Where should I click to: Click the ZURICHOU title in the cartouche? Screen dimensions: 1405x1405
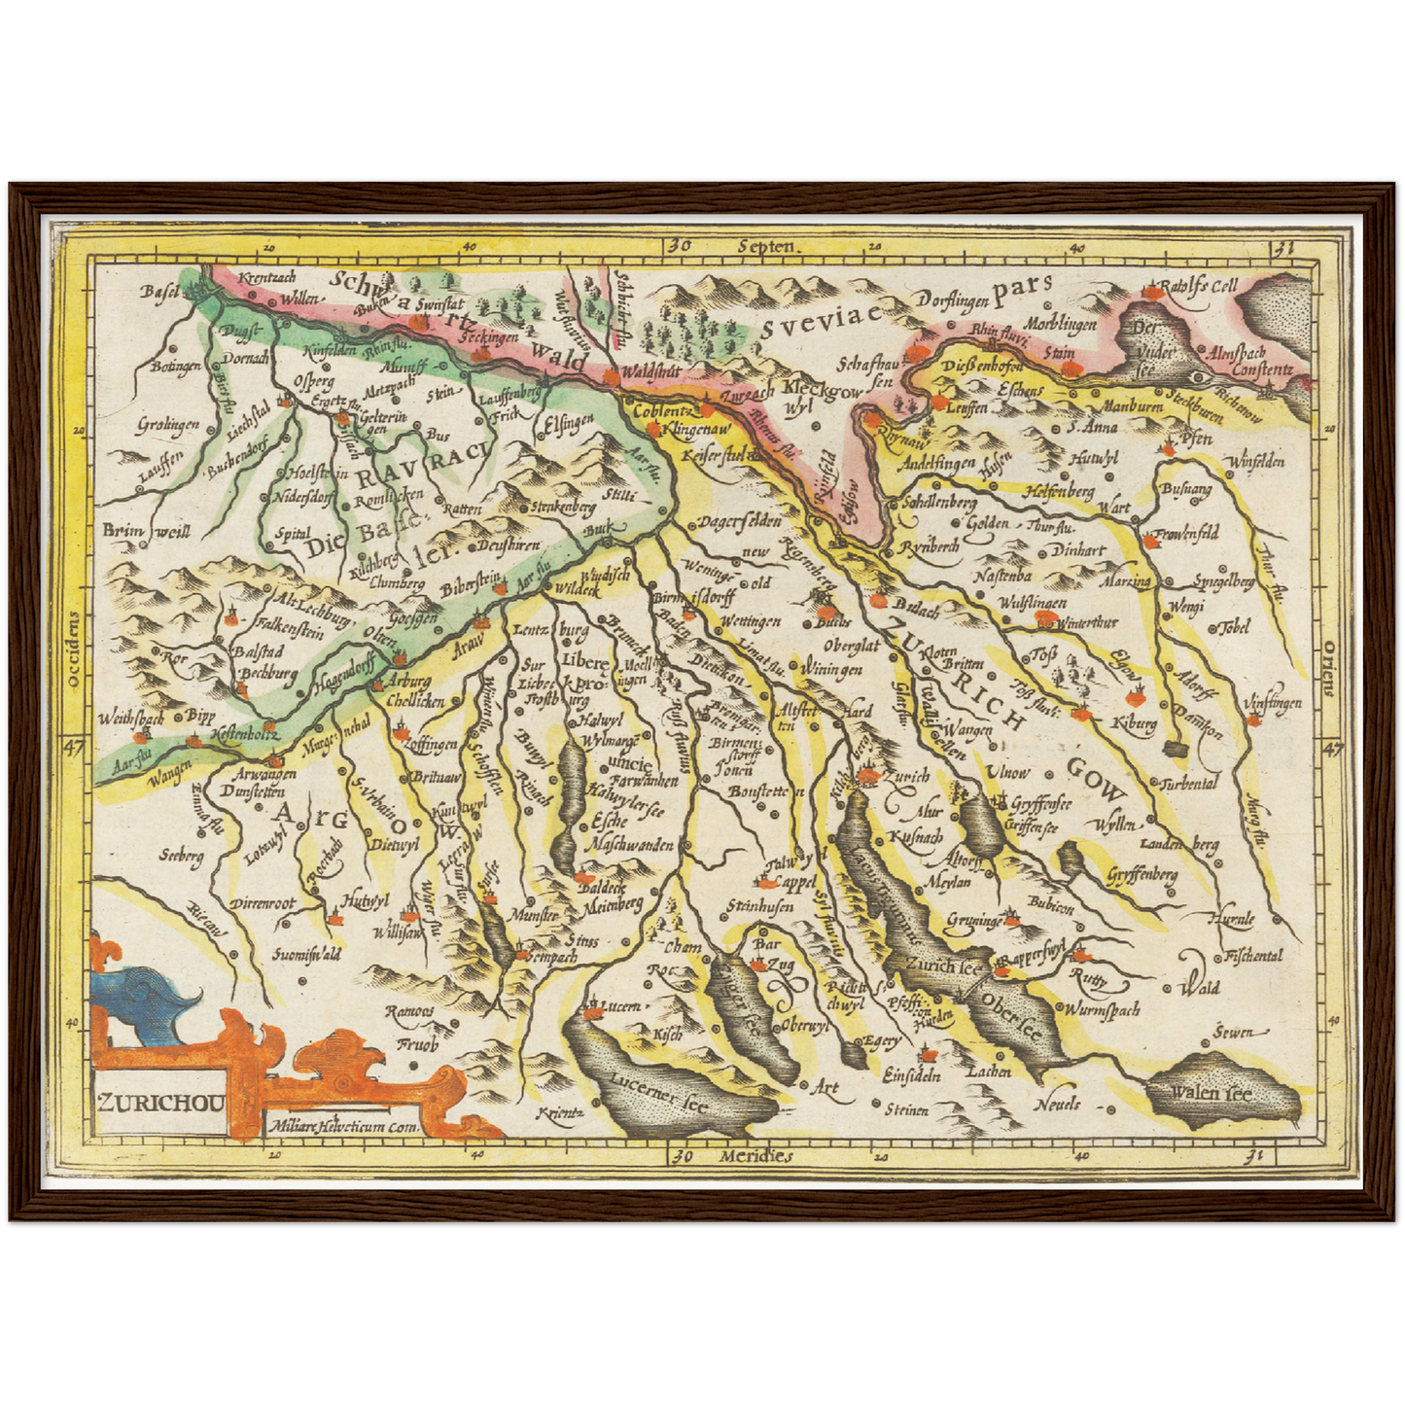point(161,1103)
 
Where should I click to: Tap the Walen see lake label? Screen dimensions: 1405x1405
point(1210,1094)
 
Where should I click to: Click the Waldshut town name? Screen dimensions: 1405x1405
point(648,370)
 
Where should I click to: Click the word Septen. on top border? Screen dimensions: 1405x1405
point(766,247)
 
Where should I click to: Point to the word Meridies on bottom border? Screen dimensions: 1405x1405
point(757,1156)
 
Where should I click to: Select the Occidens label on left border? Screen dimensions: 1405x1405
point(73,650)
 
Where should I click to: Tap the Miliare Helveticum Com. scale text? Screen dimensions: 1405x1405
point(339,1128)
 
